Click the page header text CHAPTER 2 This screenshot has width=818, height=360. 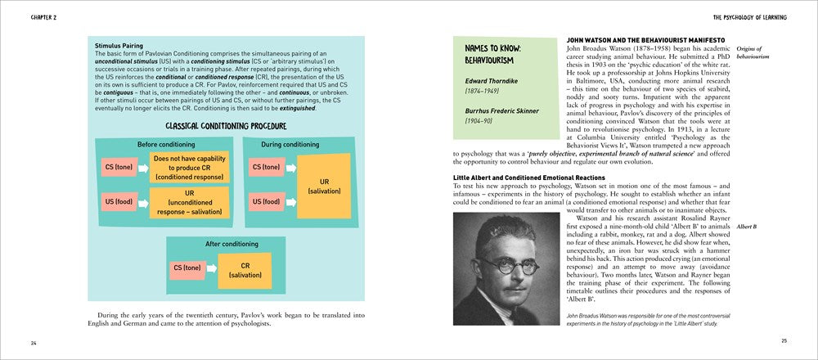[27, 16]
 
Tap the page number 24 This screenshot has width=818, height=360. [33, 341]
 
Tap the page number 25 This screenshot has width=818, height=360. [784, 340]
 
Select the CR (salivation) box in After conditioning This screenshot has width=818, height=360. [245, 269]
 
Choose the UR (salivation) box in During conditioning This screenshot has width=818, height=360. [323, 185]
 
